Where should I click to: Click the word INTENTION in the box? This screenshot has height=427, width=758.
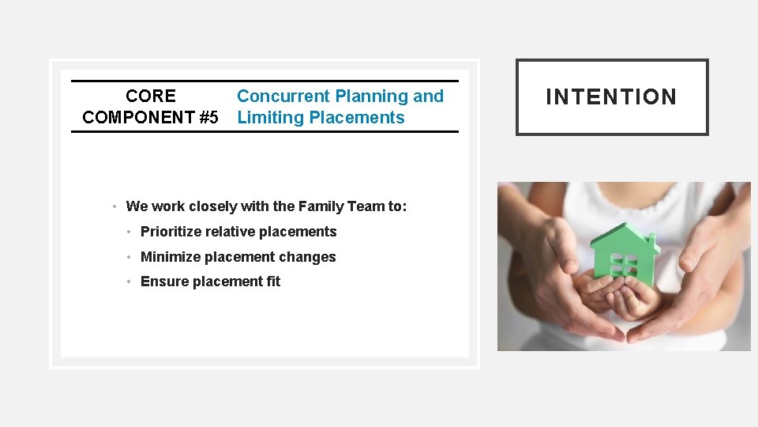click(x=611, y=97)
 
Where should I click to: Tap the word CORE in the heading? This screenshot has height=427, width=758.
click(x=151, y=96)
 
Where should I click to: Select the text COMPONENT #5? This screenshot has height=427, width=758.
click(x=150, y=118)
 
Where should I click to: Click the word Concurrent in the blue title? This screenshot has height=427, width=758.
click(x=283, y=96)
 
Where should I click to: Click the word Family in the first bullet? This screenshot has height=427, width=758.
click(x=319, y=206)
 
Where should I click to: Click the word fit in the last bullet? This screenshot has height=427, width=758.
click(x=272, y=282)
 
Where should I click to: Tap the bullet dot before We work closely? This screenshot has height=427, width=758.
click(x=115, y=207)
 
